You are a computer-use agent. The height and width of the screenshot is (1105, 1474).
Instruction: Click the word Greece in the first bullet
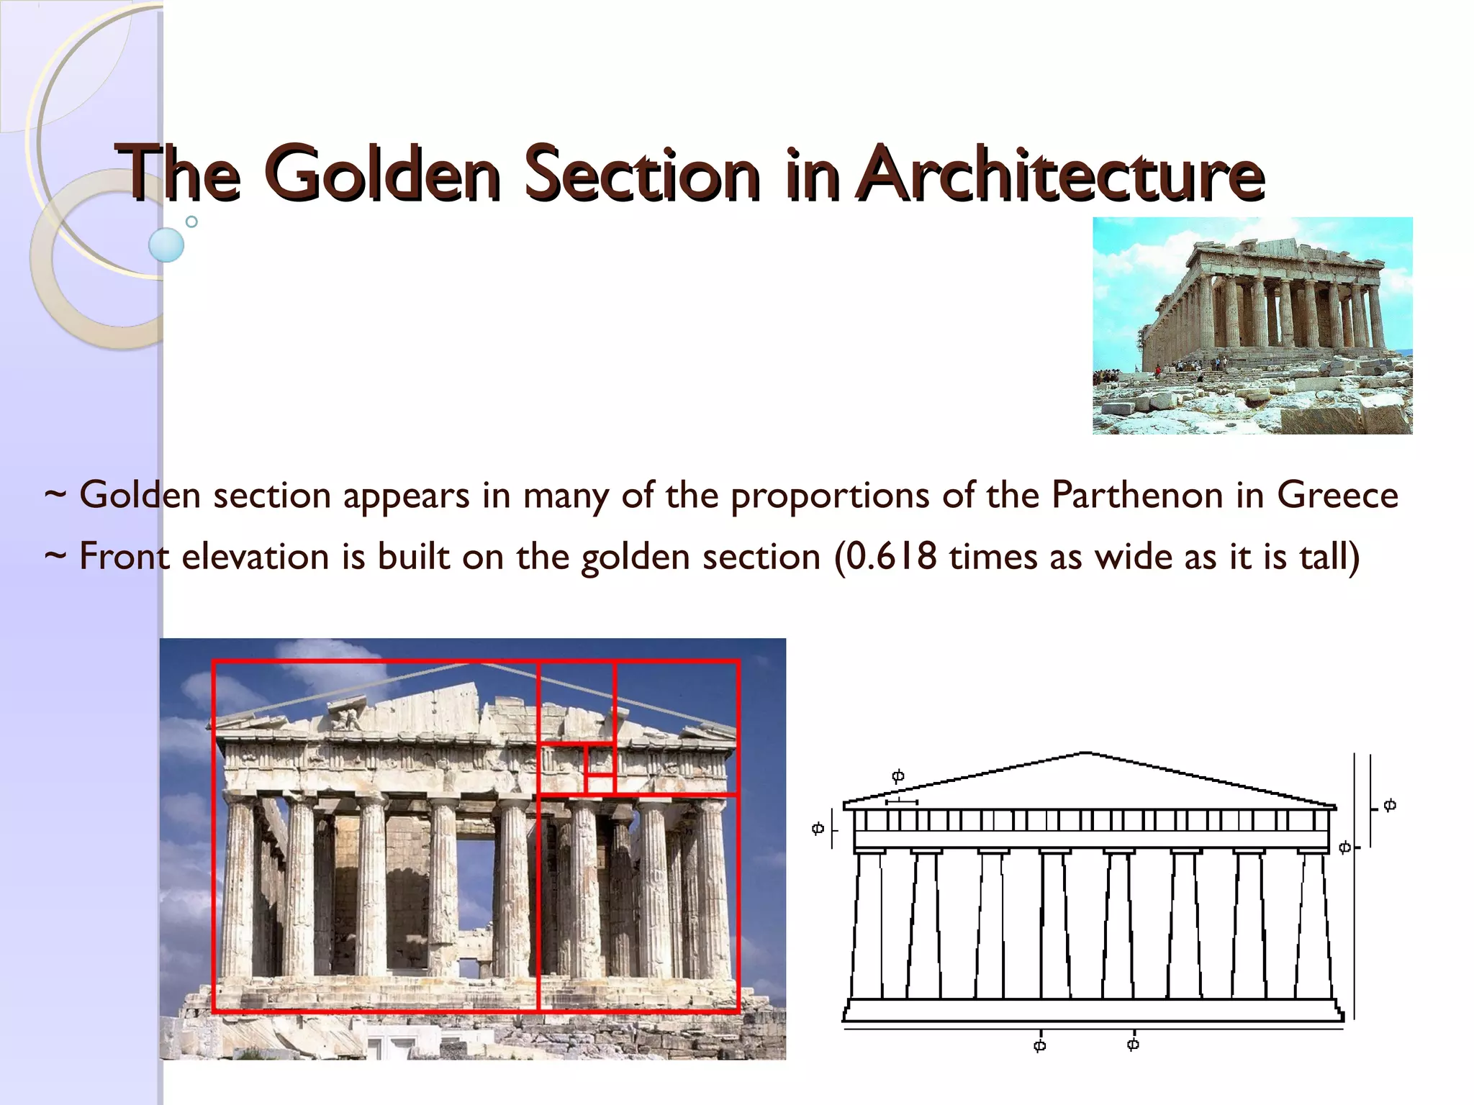[x=1337, y=495]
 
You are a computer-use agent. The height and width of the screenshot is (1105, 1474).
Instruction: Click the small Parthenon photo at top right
[x=1252, y=325]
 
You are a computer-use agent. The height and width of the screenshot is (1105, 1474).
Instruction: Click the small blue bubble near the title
[x=166, y=245]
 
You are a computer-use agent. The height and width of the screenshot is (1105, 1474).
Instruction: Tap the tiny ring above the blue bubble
[x=191, y=222]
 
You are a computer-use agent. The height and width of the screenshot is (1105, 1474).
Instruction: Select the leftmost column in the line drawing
[x=869, y=924]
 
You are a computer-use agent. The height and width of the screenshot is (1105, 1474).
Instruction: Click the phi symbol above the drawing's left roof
[x=897, y=776]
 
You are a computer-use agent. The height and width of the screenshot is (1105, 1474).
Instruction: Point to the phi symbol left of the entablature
[x=818, y=828]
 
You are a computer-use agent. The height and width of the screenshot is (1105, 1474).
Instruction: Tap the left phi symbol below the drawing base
[x=1039, y=1045]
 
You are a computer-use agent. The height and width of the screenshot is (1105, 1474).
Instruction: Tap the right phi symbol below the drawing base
[x=1133, y=1043]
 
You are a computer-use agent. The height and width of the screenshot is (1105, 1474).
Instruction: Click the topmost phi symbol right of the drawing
[x=1390, y=804]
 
